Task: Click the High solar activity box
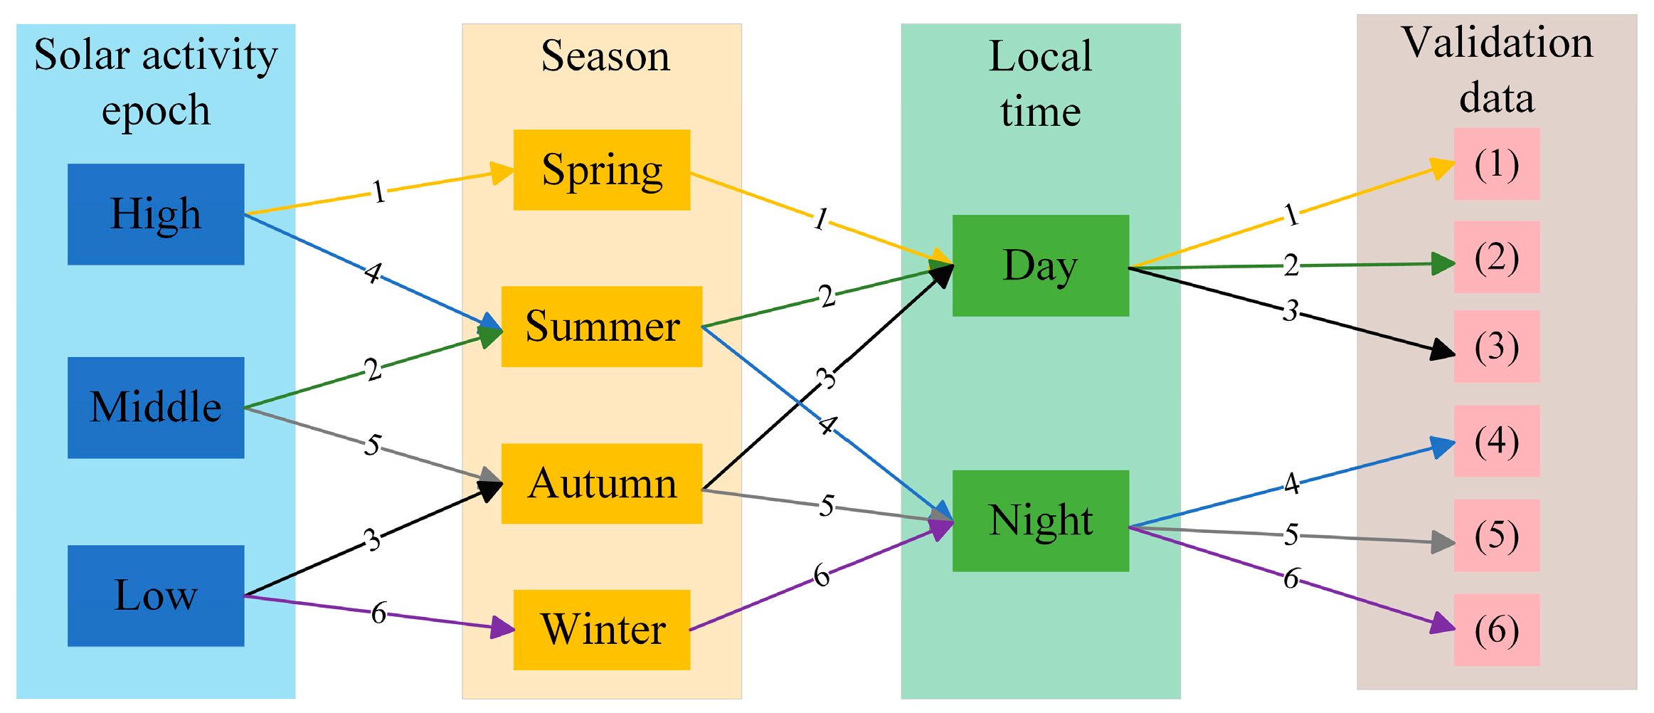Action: [156, 214]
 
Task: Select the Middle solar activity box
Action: [156, 407]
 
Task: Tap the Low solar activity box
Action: [156, 596]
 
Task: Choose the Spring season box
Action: [602, 170]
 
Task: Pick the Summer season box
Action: [602, 327]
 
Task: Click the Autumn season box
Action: [602, 484]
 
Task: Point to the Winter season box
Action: [602, 630]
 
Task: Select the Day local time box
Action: [1040, 265]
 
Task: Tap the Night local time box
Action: [1040, 521]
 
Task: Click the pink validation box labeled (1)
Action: [1496, 164]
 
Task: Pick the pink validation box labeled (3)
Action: [1496, 347]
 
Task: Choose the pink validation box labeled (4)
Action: [1496, 441]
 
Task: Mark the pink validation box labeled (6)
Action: [1496, 630]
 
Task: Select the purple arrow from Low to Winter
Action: [441, 620]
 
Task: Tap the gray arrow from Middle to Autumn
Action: [427, 462]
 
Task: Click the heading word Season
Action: [605, 56]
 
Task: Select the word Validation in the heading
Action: [1497, 43]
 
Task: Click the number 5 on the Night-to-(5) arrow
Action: [1291, 534]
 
